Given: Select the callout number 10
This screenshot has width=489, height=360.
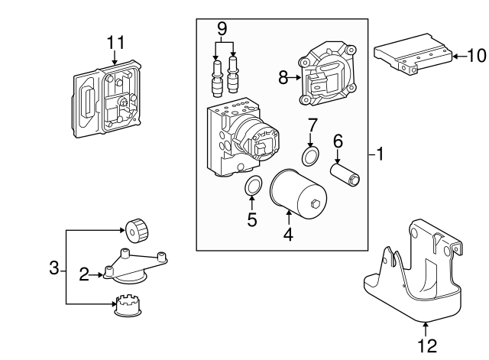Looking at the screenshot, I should [x=475, y=56].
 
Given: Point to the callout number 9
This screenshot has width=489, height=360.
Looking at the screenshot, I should [x=222, y=29].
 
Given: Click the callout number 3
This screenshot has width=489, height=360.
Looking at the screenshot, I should [x=53, y=268].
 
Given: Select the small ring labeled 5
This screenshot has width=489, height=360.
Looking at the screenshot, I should [x=251, y=186].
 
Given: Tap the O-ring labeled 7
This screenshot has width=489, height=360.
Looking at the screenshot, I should [x=310, y=157].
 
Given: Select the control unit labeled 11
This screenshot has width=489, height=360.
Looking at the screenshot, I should [x=108, y=102].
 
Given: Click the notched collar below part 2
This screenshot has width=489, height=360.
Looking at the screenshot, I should [x=128, y=306].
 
